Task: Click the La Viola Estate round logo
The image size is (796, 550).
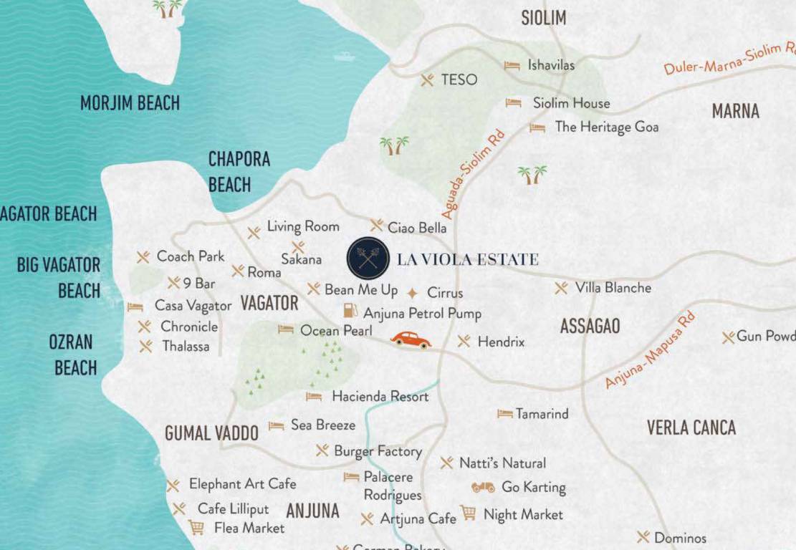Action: [368, 259]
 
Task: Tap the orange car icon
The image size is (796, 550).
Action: [411, 339]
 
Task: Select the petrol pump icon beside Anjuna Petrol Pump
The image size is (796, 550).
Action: [350, 312]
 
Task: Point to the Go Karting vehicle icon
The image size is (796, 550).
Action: [483, 487]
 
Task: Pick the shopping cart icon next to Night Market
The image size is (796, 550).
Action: [468, 513]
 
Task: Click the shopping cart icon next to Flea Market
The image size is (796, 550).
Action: [196, 528]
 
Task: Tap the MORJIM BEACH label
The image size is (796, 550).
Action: [130, 103]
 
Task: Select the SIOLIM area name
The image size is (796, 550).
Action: [543, 18]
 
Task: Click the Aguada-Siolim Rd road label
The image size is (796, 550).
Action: [474, 174]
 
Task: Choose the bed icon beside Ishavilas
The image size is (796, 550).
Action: [512, 66]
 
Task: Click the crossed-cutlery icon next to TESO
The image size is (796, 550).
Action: [428, 79]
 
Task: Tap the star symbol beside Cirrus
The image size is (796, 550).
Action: [412, 293]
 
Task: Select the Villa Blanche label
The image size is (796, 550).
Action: [613, 288]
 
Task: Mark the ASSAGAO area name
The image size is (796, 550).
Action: [590, 327]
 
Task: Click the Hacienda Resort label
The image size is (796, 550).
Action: [380, 396]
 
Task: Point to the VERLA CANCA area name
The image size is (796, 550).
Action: [691, 428]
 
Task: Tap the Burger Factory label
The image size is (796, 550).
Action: [378, 451]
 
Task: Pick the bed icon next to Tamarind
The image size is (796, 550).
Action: [504, 414]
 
